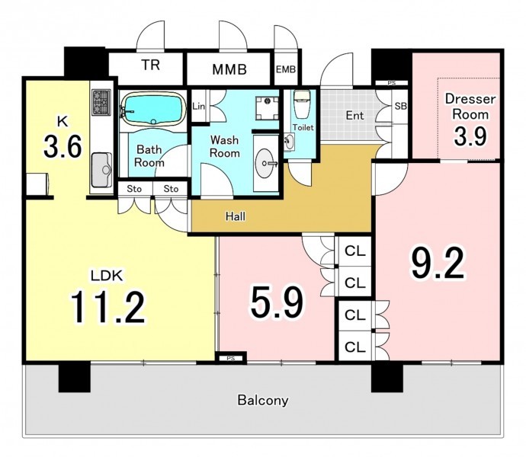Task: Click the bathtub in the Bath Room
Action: click(153, 109)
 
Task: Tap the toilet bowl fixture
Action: click(302, 104)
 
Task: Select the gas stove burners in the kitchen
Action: click(101, 102)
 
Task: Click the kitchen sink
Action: click(101, 170)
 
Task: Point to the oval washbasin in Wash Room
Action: click(266, 163)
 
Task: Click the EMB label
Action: click(286, 69)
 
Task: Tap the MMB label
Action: click(229, 69)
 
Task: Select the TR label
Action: click(150, 65)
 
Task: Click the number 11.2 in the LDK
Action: click(107, 307)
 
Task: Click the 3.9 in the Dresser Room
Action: click(470, 136)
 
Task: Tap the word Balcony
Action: click(263, 401)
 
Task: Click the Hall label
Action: click(236, 216)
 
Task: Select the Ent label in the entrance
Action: click(354, 115)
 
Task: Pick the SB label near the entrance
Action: click(400, 106)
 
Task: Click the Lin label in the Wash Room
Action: click(199, 107)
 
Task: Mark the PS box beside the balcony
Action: click(231, 358)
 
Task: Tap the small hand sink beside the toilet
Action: click(289, 142)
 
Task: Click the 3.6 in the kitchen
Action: click(63, 146)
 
